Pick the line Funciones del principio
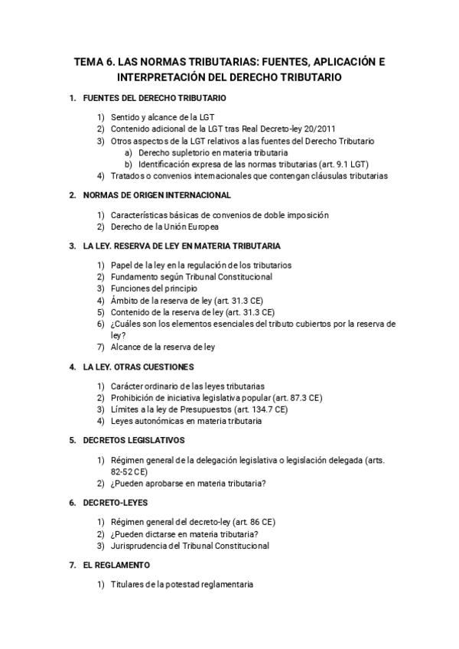click(x=154, y=289)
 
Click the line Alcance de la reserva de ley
click(x=162, y=347)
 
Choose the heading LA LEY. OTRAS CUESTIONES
click(x=138, y=367)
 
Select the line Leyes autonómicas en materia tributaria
click(x=186, y=421)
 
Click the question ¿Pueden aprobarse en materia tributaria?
click(x=188, y=483)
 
